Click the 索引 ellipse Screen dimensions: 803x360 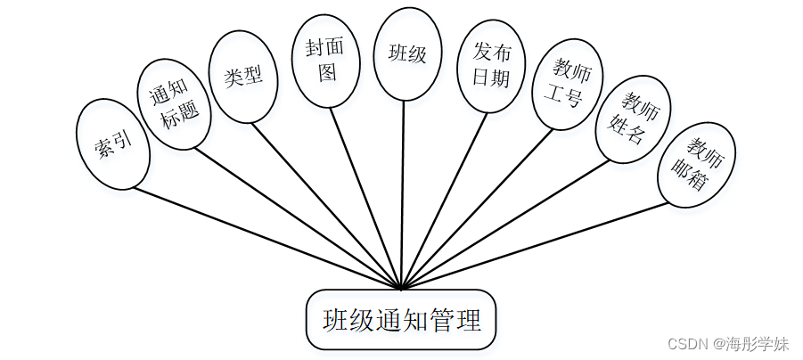(x=113, y=143)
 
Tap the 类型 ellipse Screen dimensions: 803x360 (x=242, y=77)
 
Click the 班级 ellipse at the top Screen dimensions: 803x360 (x=407, y=53)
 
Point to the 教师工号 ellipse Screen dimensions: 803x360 (x=567, y=84)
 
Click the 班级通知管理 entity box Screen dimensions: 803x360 (x=401, y=319)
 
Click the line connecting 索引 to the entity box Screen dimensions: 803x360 (x=267, y=238)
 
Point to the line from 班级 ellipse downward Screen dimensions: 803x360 (x=404, y=196)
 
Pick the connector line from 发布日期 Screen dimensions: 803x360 (x=445, y=200)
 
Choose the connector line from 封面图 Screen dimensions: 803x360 (x=367, y=198)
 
